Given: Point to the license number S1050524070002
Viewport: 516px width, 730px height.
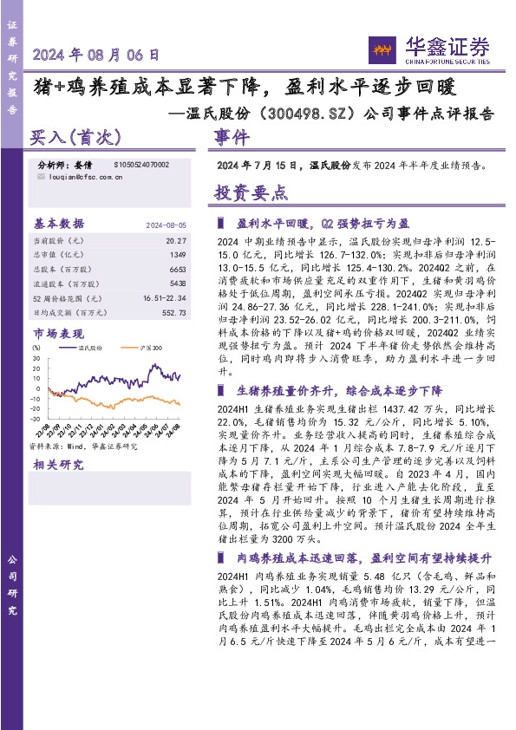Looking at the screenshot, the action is (141, 164).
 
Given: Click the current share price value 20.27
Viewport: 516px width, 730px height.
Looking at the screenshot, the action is (176, 239).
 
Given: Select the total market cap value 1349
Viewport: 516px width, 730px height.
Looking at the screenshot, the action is (178, 254).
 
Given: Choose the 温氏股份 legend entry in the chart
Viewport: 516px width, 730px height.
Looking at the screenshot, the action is (91, 347).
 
